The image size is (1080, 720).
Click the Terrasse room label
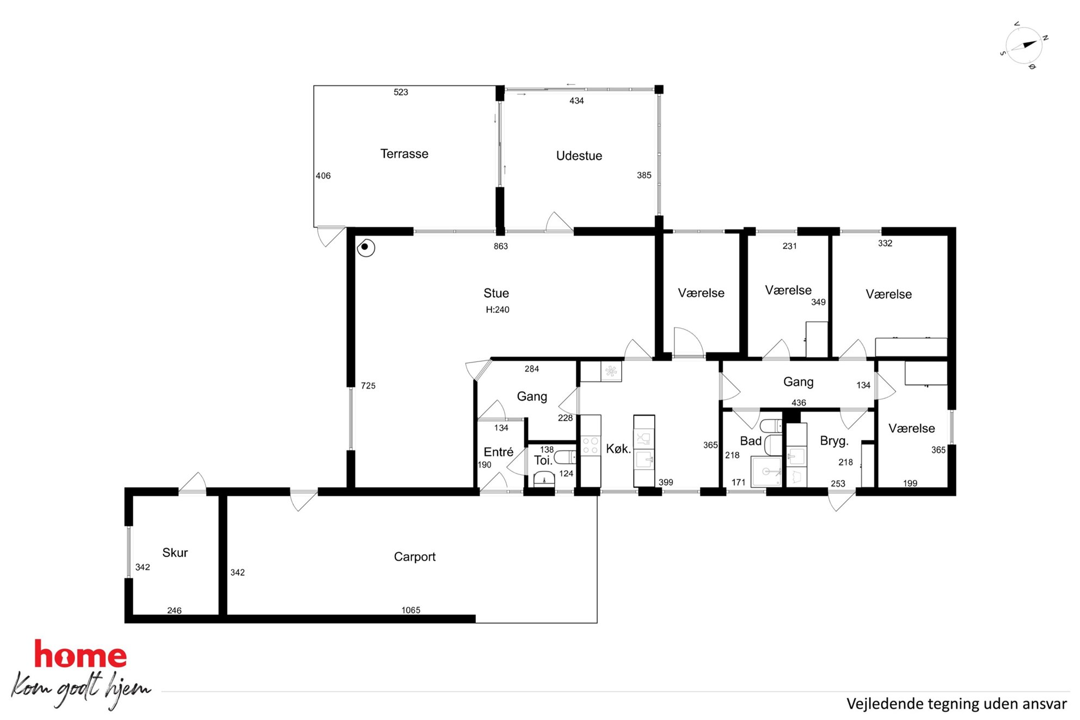[404, 154]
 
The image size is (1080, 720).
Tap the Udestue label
[579, 156]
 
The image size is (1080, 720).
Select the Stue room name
[496, 293]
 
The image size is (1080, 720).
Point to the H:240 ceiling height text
[498, 310]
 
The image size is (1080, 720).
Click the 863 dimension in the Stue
[500, 246]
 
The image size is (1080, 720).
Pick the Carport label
[414, 557]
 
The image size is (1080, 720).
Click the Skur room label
[175, 552]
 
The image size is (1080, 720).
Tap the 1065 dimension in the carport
[410, 610]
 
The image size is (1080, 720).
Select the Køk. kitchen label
[618, 448]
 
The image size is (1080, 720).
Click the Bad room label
[751, 441]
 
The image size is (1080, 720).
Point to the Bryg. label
[834, 441]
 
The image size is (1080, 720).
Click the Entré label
[498, 452]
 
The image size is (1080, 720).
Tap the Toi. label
[543, 460]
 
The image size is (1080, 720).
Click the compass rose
[1024, 45]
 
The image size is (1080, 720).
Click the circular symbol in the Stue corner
[365, 248]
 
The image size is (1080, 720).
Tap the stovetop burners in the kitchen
[591, 445]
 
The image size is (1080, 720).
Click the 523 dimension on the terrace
[401, 92]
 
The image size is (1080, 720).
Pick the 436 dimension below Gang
[799, 403]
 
